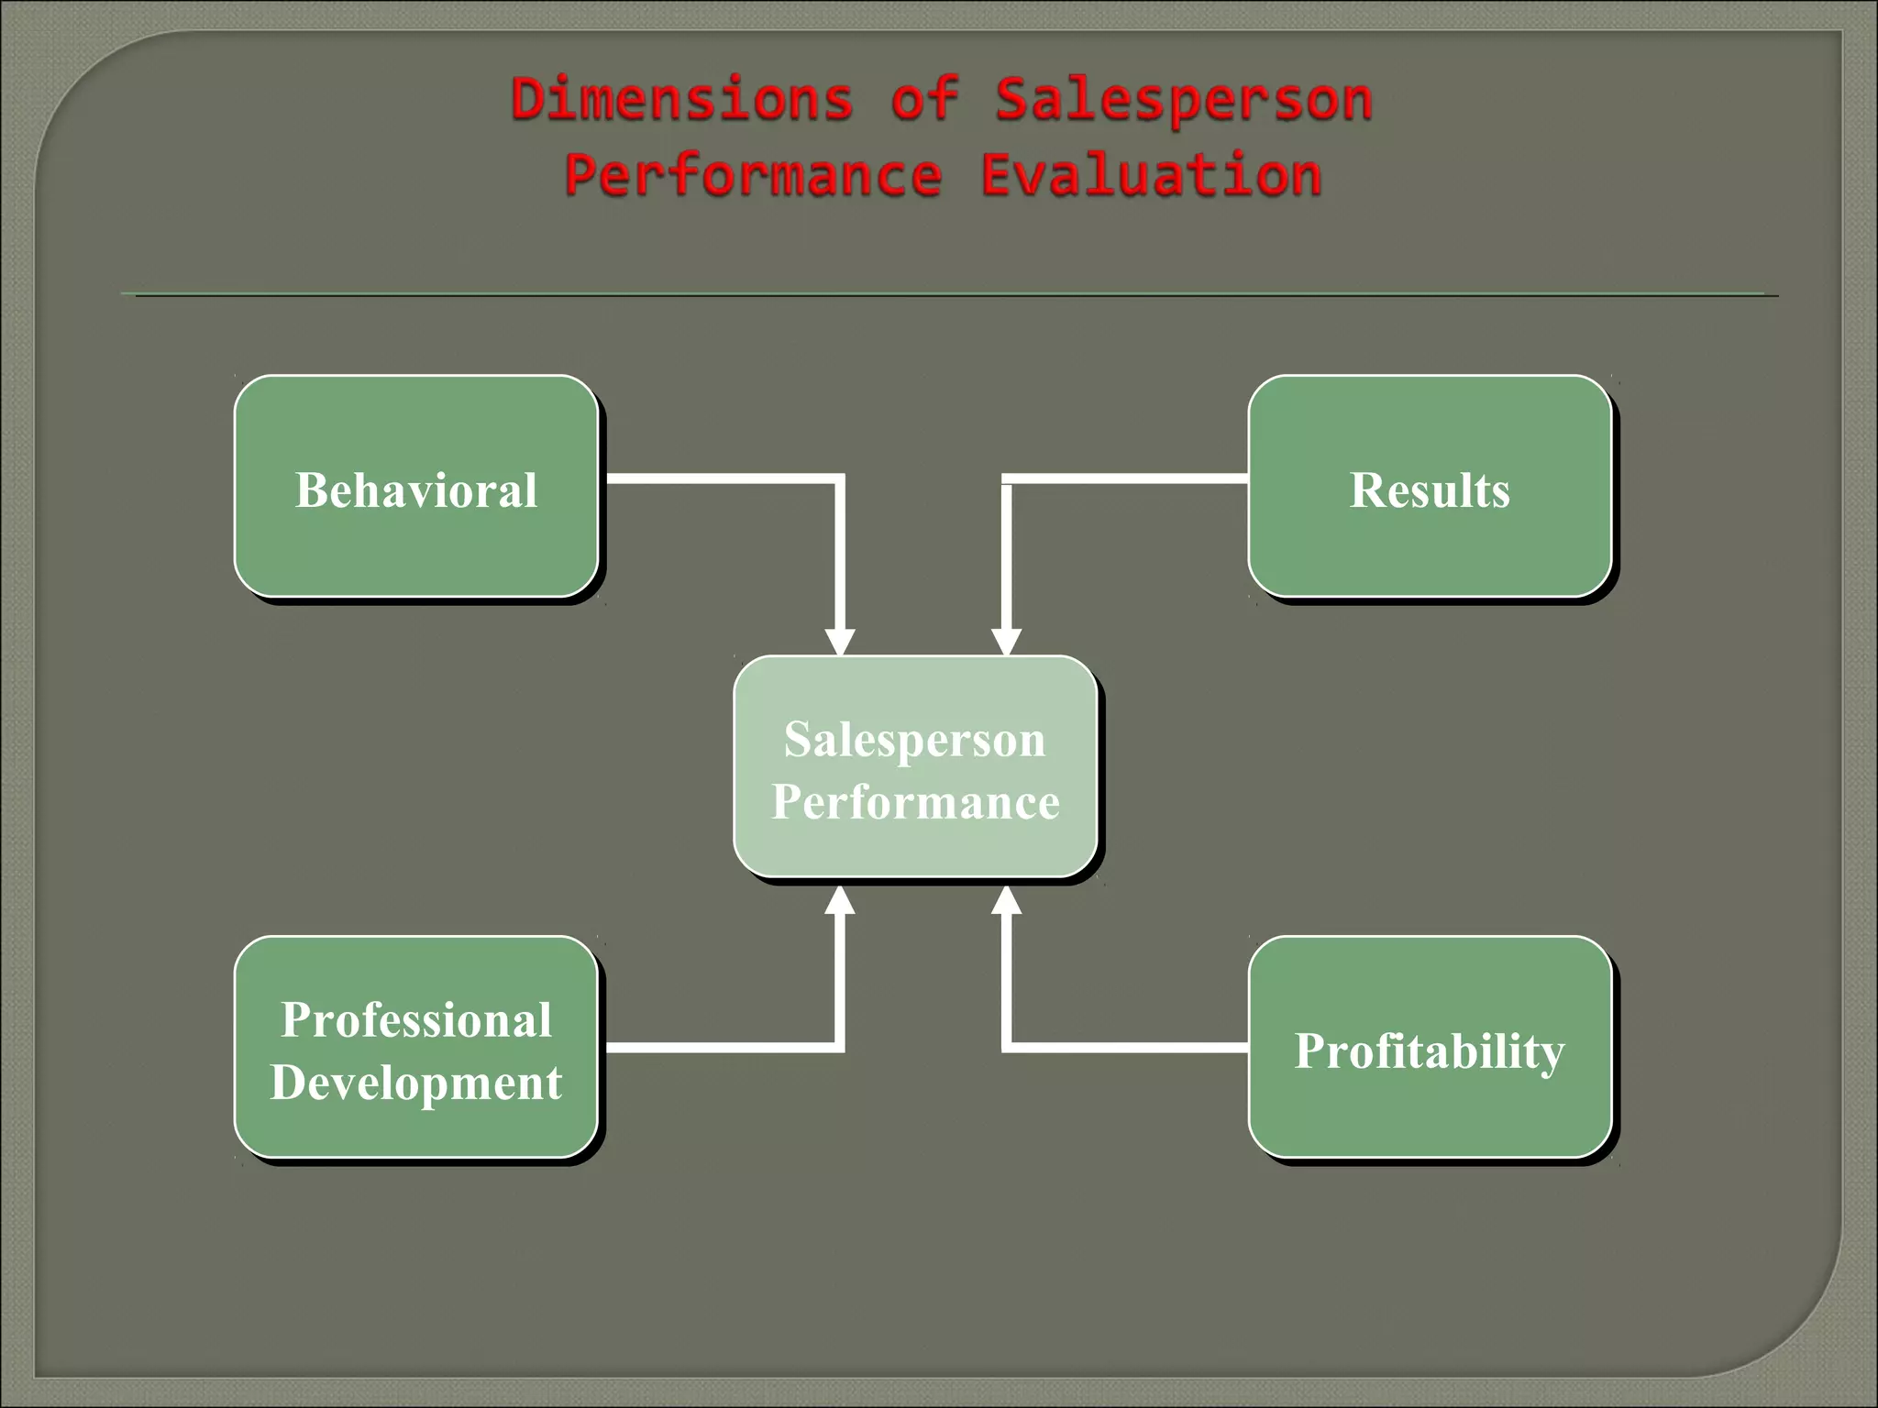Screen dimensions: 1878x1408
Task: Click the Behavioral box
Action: pos(416,487)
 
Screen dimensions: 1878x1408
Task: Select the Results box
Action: pos(1430,487)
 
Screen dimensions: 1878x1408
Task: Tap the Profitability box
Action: pos(1430,1048)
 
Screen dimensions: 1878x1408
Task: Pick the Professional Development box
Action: pos(416,1048)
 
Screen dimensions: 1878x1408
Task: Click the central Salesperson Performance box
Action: pos(915,767)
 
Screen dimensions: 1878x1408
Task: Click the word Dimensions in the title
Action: pos(681,99)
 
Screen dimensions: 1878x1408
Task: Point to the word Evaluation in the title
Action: pos(1151,175)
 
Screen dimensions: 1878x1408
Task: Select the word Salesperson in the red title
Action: pos(1183,101)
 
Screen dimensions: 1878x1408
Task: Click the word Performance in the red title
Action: pos(753,176)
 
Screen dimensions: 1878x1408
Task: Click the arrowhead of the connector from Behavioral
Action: pos(839,642)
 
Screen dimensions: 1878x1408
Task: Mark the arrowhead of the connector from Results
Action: pos(1006,642)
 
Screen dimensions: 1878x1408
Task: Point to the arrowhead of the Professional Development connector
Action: pos(839,901)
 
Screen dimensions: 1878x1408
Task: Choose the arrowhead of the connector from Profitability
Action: pos(1006,901)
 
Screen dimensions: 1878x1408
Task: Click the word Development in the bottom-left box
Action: pos(416,1083)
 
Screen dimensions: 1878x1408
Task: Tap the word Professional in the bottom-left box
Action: pos(416,1019)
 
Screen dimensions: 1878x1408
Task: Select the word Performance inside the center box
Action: pos(915,802)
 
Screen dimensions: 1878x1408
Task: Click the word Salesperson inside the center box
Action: pos(915,739)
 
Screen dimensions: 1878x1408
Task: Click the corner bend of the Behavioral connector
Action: pos(838,478)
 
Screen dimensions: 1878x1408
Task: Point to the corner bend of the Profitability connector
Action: pos(1007,1047)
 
